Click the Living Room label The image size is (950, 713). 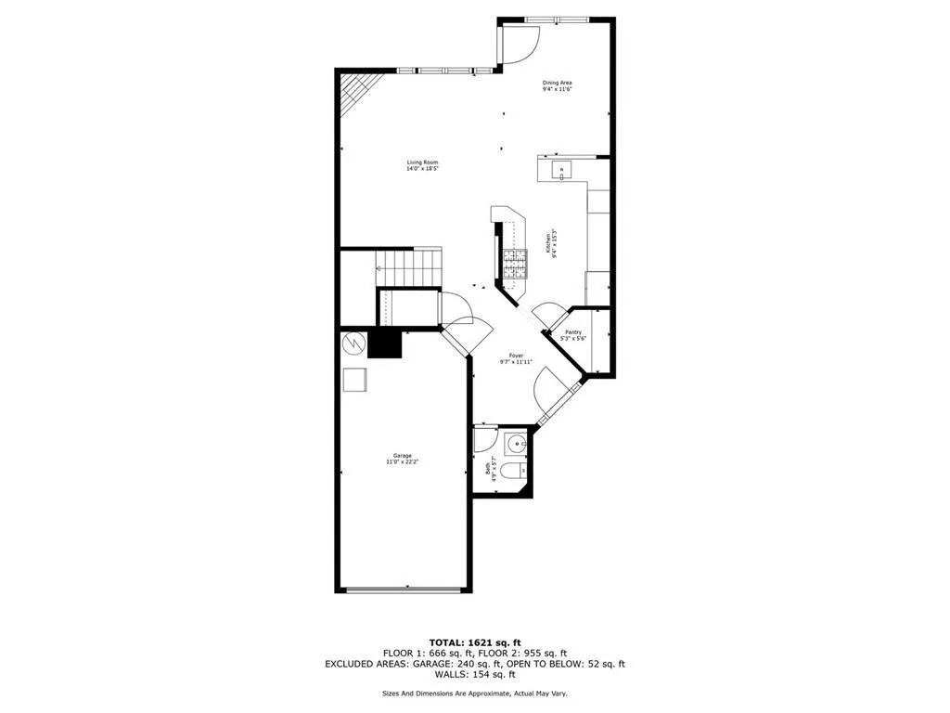pos(422,165)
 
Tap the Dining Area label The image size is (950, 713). pos(557,85)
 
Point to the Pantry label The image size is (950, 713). pos(573,335)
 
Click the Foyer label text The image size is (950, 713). pos(517,358)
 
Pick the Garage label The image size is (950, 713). pos(403,459)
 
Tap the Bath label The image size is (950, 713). pos(490,470)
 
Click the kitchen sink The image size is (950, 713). pos(561,170)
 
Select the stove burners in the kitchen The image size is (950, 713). pos(514,265)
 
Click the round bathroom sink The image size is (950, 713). pos(515,444)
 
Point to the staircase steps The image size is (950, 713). pos(409,269)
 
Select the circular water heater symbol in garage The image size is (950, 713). pos(353,344)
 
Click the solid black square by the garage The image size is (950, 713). pos(384,344)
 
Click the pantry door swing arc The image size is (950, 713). pos(548,316)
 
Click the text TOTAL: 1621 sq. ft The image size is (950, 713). pos(474,642)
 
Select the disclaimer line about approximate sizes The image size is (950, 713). pos(474,694)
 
